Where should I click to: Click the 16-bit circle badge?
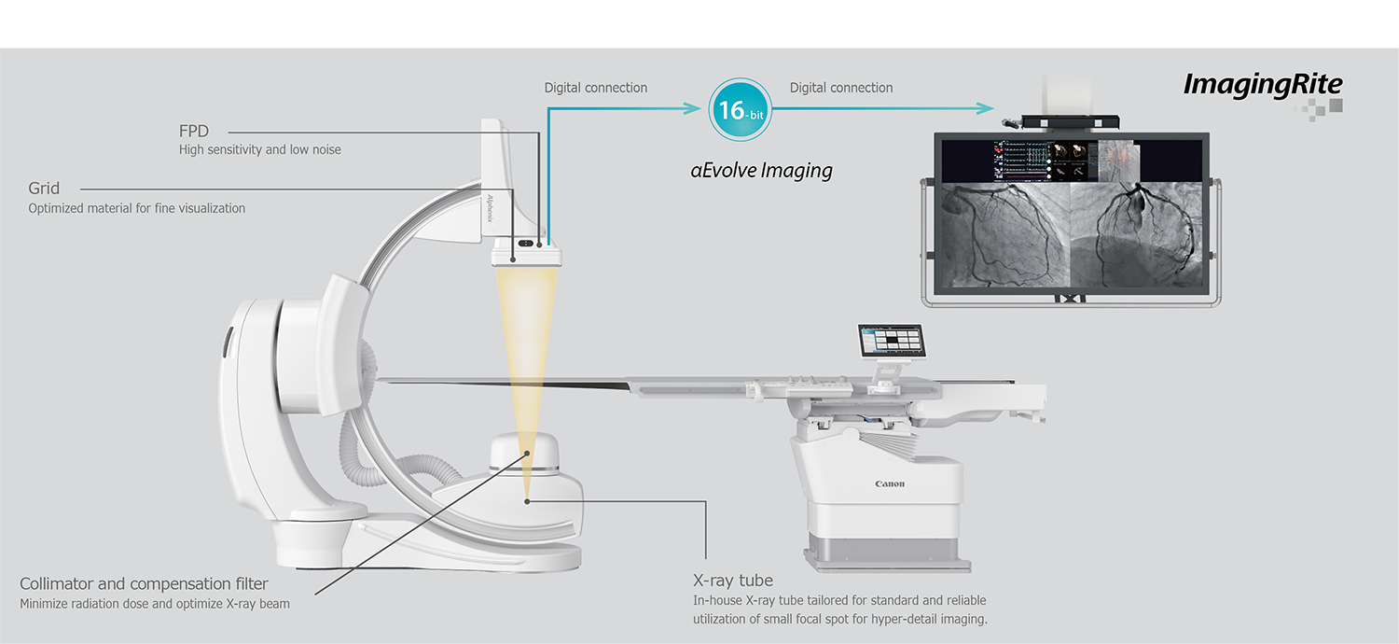pyautogui.click(x=740, y=110)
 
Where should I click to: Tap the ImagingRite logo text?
pyautogui.click(x=1263, y=84)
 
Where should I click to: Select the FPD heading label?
pyautogui.click(x=194, y=131)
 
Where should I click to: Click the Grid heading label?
pyautogui.click(x=44, y=189)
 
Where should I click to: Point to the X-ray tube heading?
pyautogui.click(x=733, y=580)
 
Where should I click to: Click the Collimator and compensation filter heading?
pyautogui.click(x=145, y=584)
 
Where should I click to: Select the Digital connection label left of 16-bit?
pyautogui.click(x=596, y=88)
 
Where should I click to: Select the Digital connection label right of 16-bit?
pyautogui.click(x=841, y=88)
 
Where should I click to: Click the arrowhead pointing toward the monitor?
pyautogui.click(x=986, y=108)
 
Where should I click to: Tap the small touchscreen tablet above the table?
pyautogui.click(x=890, y=342)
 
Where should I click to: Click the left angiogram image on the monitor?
pyautogui.click(x=1005, y=233)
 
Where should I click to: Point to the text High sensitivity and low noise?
pyautogui.click(x=260, y=149)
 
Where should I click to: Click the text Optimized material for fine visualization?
pyautogui.click(x=137, y=208)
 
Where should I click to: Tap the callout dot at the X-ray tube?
pyautogui.click(x=527, y=501)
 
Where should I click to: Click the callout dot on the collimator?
pyautogui.click(x=529, y=454)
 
